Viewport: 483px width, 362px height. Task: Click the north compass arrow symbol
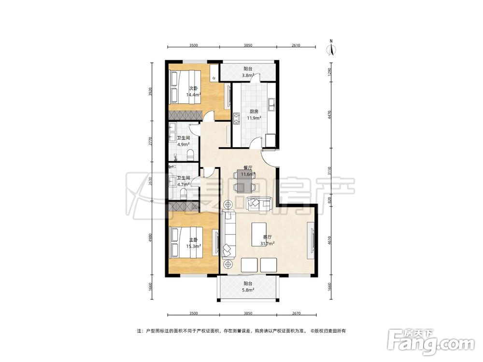[331, 48]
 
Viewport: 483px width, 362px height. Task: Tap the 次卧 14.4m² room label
[194, 92]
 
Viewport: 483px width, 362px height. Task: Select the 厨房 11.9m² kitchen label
[254, 114]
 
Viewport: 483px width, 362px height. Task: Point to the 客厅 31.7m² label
[267, 240]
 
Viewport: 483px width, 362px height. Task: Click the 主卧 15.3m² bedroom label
[194, 243]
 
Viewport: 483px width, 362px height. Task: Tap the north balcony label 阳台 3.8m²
[248, 72]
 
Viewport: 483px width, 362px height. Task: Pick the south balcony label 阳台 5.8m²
[248, 287]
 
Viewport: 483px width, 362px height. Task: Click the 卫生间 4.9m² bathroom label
[183, 141]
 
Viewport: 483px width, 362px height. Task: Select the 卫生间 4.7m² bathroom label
[183, 181]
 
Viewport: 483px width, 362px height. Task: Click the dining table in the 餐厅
[245, 181]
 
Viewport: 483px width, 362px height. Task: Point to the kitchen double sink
[271, 104]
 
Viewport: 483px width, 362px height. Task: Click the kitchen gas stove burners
[237, 119]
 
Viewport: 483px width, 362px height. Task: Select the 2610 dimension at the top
[296, 45]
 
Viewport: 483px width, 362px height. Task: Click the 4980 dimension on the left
[150, 238]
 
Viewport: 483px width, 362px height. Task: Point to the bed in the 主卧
[186, 243]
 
